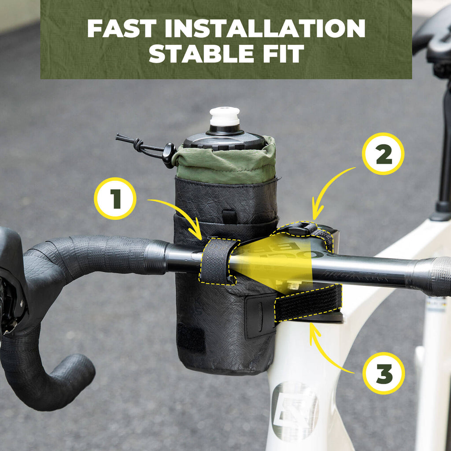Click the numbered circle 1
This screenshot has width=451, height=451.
point(115,198)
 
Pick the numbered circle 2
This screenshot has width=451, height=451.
point(383,154)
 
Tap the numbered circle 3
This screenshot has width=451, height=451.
point(384,373)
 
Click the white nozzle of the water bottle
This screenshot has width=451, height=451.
point(225,117)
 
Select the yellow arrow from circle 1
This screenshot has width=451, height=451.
point(176,213)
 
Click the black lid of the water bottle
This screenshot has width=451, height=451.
point(224,140)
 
